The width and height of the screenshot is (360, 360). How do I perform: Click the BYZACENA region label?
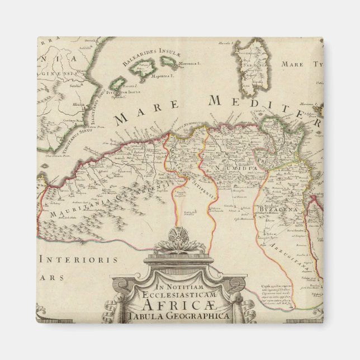pyautogui.click(x=272, y=209)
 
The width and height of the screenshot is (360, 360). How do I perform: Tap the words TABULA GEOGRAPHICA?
pyautogui.click(x=178, y=316)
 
